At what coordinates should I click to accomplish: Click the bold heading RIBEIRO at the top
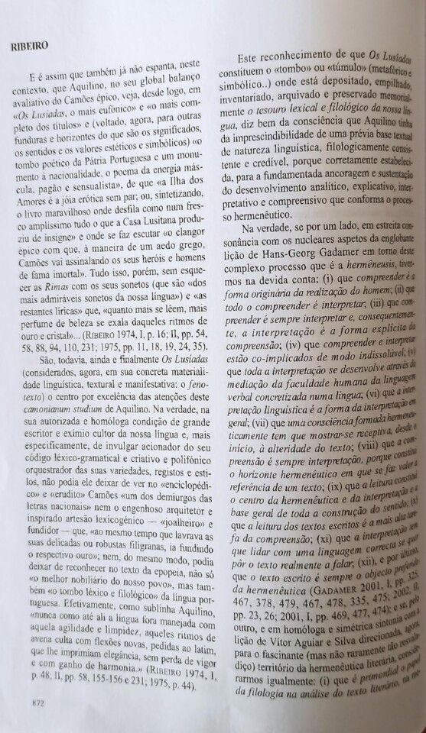coord(30,46)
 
